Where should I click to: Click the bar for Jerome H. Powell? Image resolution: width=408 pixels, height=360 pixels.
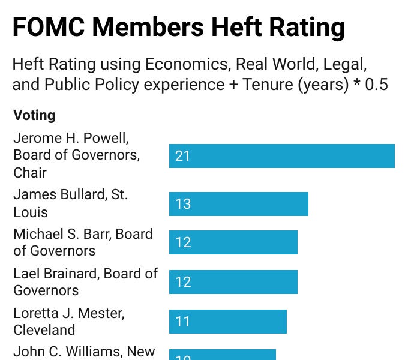click(281, 156)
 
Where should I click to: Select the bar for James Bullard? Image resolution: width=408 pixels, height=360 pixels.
click(238, 204)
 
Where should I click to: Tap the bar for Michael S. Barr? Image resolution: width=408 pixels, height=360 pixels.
click(233, 242)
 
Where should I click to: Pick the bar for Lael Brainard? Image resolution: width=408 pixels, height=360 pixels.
click(233, 282)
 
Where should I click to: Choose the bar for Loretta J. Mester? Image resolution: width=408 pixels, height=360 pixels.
click(227, 322)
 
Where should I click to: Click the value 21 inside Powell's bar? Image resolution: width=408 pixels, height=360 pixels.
click(182, 156)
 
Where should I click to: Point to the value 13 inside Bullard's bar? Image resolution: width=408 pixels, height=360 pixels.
click(182, 204)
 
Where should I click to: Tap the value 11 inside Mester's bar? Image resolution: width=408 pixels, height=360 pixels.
click(182, 322)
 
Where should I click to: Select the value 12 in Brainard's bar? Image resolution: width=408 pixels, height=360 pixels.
click(182, 282)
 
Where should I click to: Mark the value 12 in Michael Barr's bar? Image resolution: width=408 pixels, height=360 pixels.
click(182, 242)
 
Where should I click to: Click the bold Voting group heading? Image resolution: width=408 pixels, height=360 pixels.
click(34, 115)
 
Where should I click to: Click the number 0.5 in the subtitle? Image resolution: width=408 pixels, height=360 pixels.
click(376, 85)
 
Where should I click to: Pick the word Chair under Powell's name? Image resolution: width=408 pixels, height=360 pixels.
click(30, 173)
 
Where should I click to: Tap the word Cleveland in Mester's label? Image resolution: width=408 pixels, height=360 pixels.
click(44, 330)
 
